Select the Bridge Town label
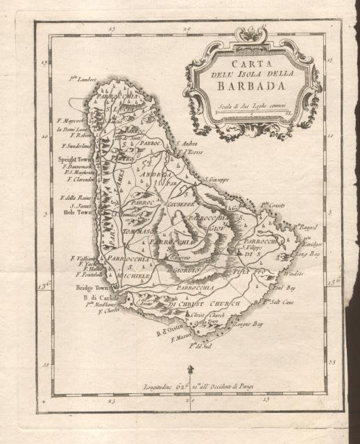(92, 285)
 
